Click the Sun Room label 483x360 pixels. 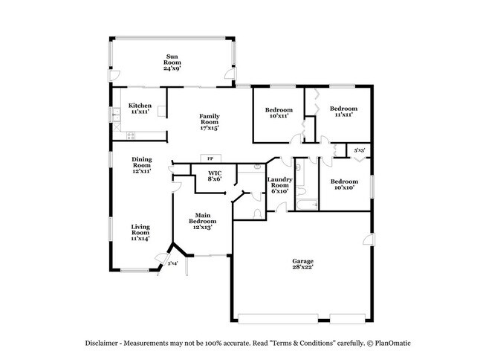[172, 62]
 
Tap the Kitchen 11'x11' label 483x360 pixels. [140, 109]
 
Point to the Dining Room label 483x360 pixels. [142, 165]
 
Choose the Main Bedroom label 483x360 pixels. [202, 222]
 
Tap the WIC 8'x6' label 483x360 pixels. [214, 176]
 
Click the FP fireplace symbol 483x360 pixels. [210, 158]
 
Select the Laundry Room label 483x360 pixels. [279, 184]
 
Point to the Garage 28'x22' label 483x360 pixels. [302, 264]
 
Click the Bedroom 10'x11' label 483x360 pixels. [279, 113]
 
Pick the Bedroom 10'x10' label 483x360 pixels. [343, 184]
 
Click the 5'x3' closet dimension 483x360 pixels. [360, 150]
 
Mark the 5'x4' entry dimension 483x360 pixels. [172, 263]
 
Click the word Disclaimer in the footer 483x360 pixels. [103, 343]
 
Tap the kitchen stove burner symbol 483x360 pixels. [131, 135]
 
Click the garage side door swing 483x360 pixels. [367, 240]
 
